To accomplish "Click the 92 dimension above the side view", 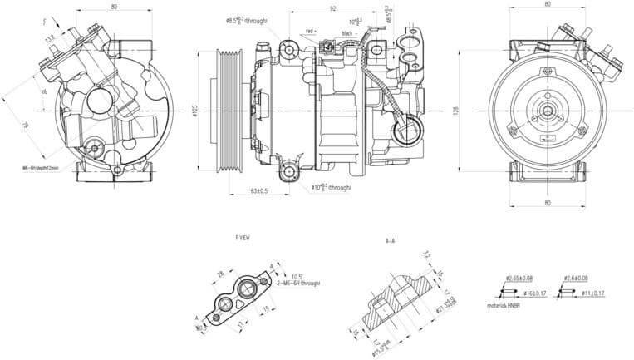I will click(x=332, y=8).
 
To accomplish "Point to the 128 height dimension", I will click(x=456, y=111).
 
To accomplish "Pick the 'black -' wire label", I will click(x=348, y=32).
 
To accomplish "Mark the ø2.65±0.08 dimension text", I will click(x=521, y=277).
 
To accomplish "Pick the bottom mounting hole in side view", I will click(x=289, y=173).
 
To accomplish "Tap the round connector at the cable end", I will click(x=408, y=130).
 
